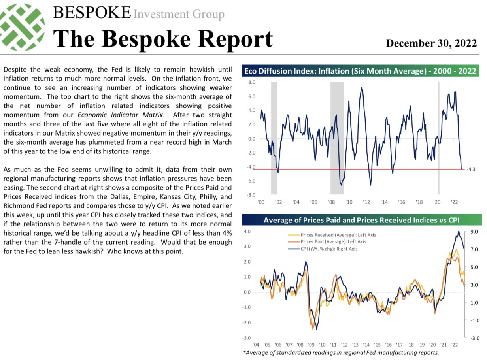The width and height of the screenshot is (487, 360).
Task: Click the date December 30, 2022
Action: (431, 43)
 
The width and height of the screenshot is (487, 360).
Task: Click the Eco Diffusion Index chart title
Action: (360, 72)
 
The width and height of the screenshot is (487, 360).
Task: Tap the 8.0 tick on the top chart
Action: (252, 83)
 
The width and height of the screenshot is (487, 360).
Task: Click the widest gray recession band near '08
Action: (337, 138)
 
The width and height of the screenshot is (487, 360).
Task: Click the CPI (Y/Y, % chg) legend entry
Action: (328, 249)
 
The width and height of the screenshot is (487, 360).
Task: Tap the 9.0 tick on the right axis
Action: (474, 232)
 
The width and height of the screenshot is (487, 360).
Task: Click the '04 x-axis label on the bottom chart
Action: (256, 344)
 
